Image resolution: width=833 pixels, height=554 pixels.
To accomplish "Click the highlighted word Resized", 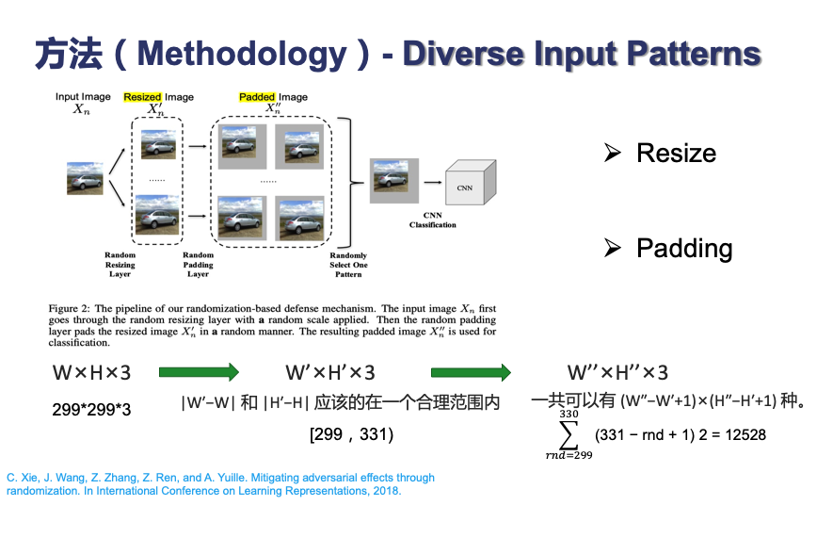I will tap(143, 97).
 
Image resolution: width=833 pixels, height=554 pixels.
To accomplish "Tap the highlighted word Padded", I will tap(257, 97).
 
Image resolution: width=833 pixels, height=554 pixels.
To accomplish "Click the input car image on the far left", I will tap(85, 178).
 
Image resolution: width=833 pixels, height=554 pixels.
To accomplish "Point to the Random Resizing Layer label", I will tap(120, 265).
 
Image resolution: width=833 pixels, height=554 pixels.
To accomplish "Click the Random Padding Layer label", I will tap(198, 265).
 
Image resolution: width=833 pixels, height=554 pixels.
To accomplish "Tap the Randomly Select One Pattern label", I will tap(348, 266).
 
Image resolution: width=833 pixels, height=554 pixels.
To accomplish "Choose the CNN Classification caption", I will tap(433, 220).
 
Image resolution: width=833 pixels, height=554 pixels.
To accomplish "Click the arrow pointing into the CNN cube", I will tap(432, 183).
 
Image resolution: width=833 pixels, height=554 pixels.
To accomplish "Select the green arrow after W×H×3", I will tap(199, 373).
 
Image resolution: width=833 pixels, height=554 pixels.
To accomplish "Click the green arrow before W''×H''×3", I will tap(471, 373).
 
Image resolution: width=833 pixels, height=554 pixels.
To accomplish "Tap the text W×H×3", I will tap(91, 373).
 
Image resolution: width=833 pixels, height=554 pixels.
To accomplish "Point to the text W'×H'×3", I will tap(329, 373).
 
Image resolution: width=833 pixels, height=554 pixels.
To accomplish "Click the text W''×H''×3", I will tap(617, 373).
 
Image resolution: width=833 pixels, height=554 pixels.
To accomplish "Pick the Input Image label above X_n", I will tap(83, 97).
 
